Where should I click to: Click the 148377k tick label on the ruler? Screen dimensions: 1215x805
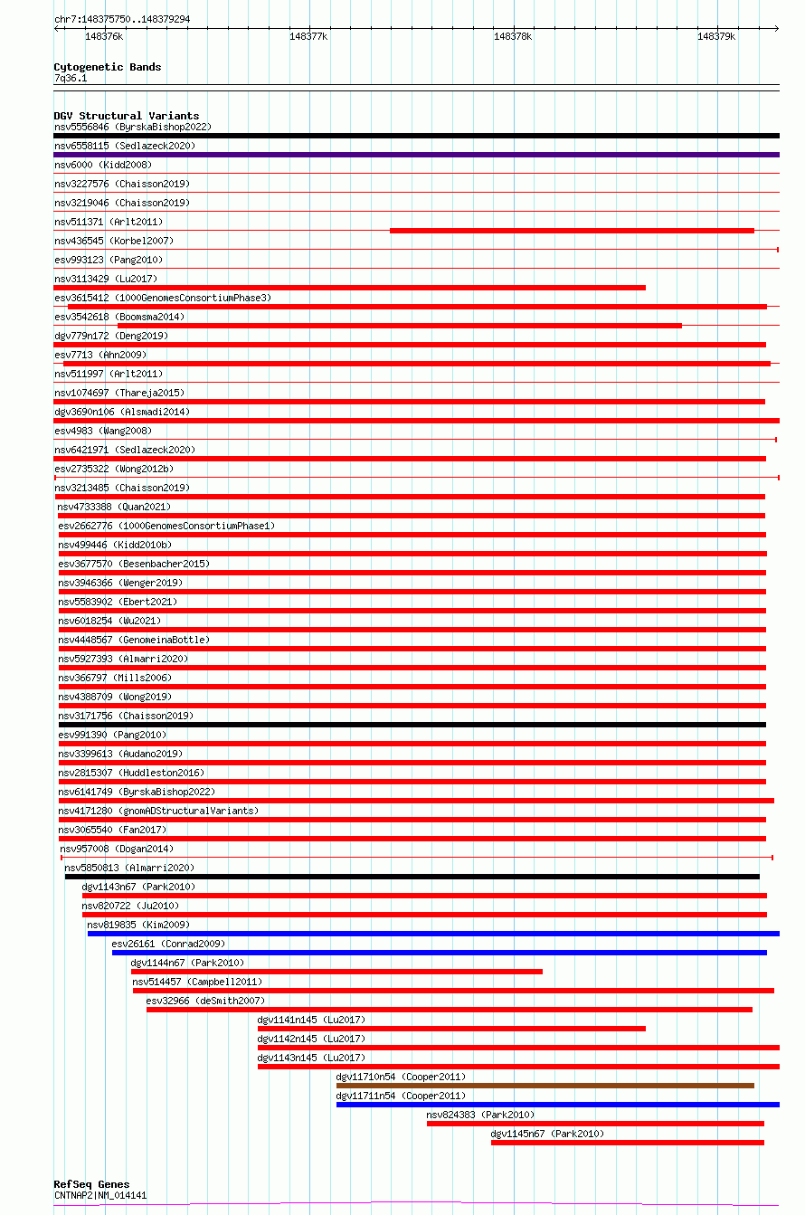pyautogui.click(x=308, y=37)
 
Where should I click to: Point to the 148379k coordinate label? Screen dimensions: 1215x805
pyautogui.click(x=715, y=37)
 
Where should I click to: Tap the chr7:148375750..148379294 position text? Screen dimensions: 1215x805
pyautogui.click(x=122, y=19)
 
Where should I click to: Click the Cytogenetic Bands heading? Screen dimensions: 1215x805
pyautogui.click(x=107, y=67)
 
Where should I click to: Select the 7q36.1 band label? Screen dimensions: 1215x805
pyautogui.click(x=71, y=78)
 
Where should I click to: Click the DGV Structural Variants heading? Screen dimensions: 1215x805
pyautogui.click(x=126, y=116)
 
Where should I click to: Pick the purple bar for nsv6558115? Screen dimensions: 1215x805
pyautogui.click(x=416, y=155)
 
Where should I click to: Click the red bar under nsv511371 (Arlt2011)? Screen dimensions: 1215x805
pyautogui.click(x=572, y=231)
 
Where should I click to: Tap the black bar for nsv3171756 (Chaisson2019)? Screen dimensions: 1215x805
pyautogui.click(x=412, y=725)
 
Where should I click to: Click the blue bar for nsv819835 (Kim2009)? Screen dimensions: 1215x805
pyautogui.click(x=433, y=934)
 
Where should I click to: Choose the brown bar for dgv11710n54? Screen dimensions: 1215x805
pyautogui.click(x=545, y=1086)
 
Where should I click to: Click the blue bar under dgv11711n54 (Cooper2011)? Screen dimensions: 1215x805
pyautogui.click(x=557, y=1105)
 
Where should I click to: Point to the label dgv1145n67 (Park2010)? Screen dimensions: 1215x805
pyautogui.click(x=546, y=1134)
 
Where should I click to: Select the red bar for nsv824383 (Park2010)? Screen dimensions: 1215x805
pyautogui.click(x=595, y=1124)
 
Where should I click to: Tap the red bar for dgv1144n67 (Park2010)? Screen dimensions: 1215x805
pyautogui.click(x=336, y=972)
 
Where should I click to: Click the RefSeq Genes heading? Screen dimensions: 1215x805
pyautogui.click(x=91, y=1184)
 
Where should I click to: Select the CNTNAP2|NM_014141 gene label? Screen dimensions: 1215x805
pyautogui.click(x=99, y=1195)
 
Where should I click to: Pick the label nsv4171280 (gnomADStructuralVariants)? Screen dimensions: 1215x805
pyautogui.click(x=158, y=811)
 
